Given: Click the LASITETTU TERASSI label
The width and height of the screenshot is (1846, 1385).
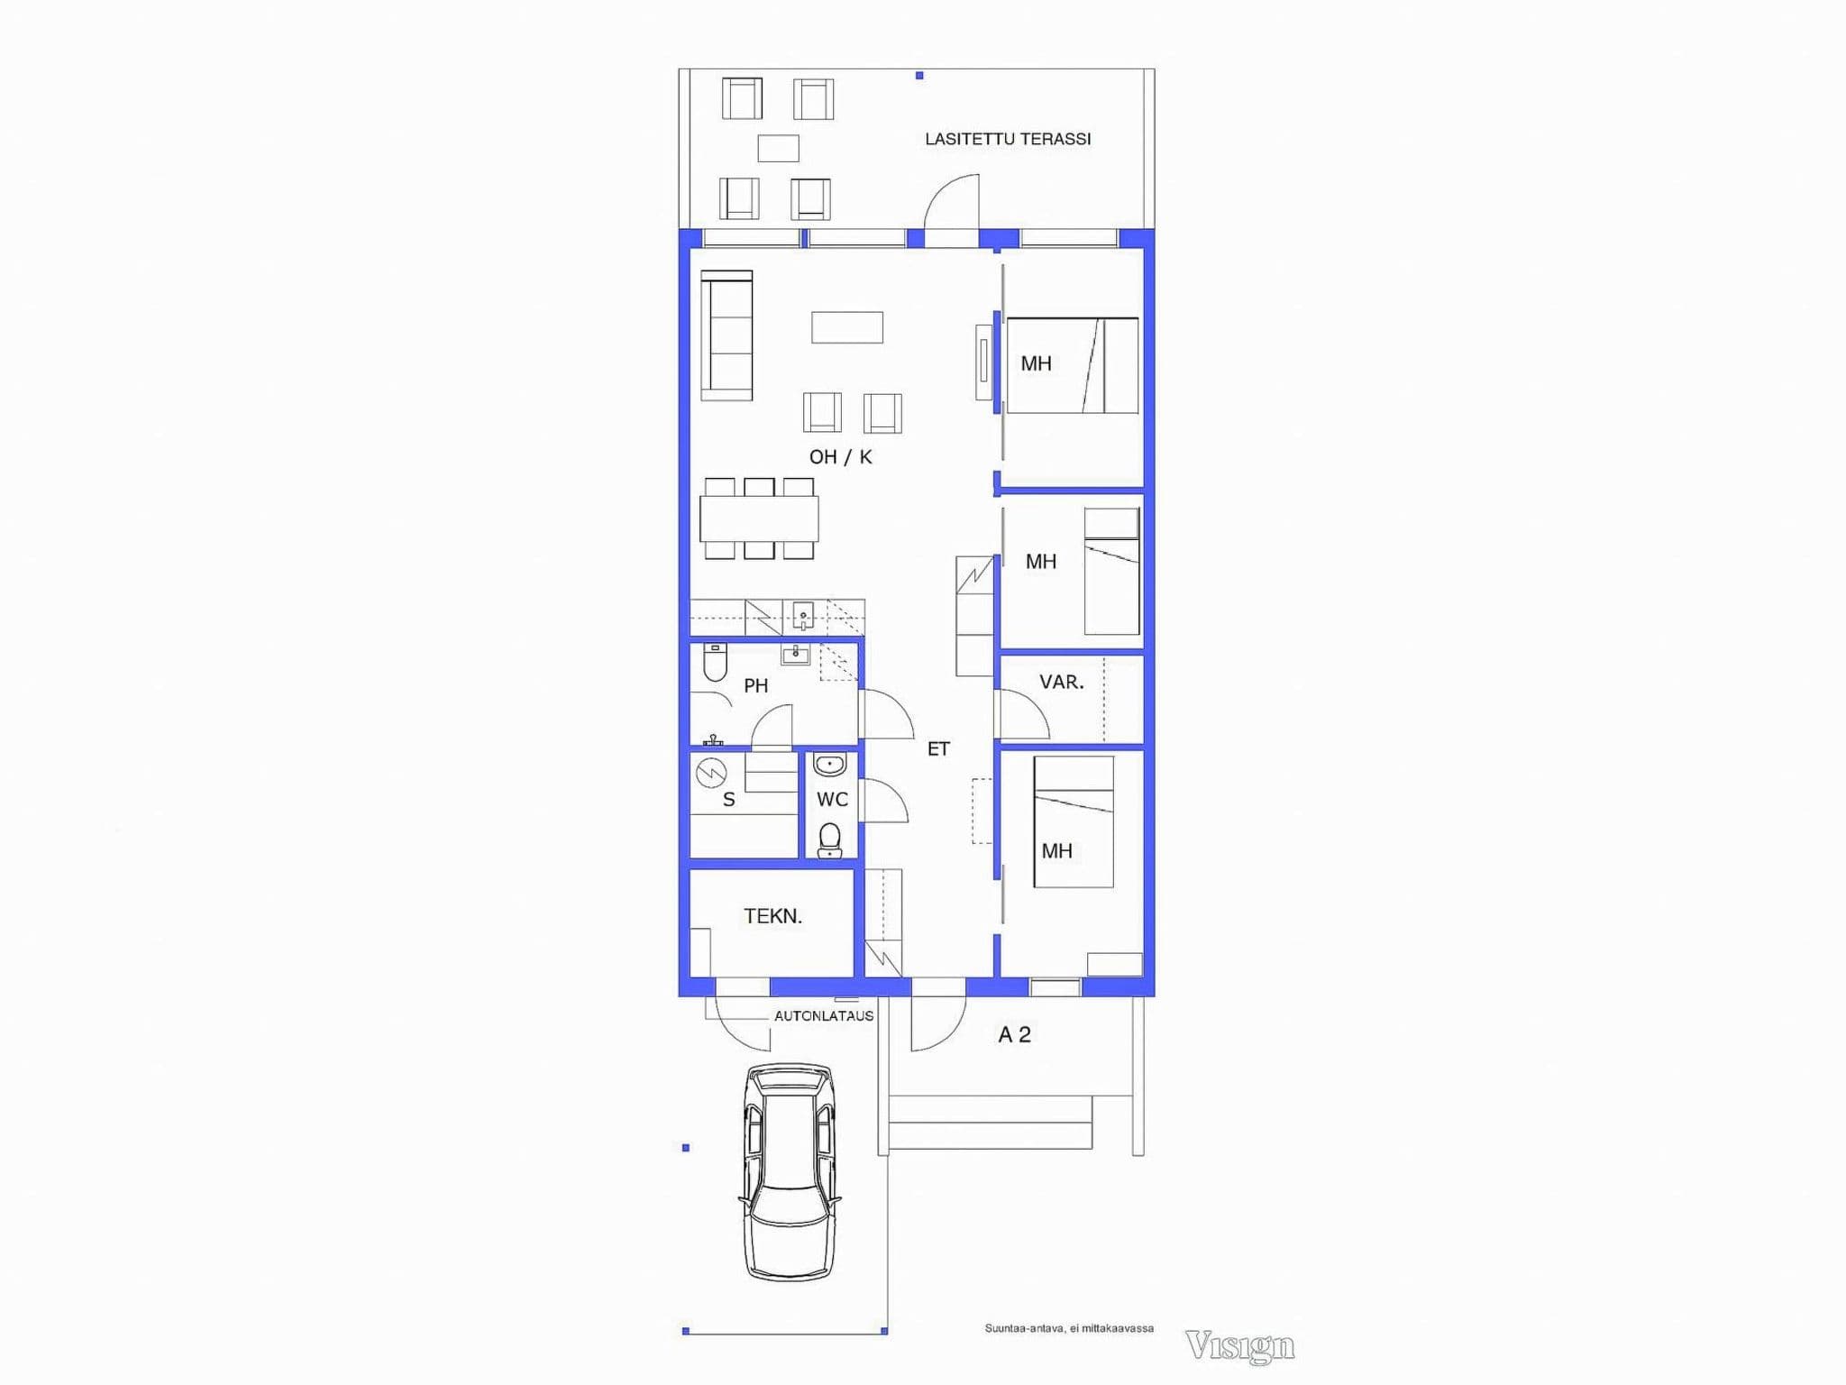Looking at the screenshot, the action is (1008, 139).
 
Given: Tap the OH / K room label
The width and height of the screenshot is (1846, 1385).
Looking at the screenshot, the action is (840, 457).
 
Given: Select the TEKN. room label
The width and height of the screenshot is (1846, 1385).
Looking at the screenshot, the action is (772, 916).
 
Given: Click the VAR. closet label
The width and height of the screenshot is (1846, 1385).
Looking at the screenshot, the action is (1061, 682).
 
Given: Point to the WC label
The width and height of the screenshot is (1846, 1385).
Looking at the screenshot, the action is (832, 799).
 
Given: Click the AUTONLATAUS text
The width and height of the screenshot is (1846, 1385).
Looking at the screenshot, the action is (824, 1015).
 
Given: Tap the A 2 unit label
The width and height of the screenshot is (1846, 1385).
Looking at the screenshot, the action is (1014, 1035).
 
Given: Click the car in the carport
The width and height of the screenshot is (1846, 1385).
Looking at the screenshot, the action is (790, 1171).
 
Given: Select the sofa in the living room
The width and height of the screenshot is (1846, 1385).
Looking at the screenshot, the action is (727, 335).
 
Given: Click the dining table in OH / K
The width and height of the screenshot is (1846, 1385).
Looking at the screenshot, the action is (759, 518).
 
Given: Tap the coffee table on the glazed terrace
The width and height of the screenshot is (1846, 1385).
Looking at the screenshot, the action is (778, 148).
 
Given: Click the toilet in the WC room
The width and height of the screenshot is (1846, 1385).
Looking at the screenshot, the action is (829, 839).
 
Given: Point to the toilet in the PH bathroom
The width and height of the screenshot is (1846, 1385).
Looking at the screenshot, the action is (715, 662).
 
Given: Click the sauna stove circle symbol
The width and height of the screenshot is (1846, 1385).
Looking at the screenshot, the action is (711, 773).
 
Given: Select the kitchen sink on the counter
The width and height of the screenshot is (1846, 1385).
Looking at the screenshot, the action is (803, 616).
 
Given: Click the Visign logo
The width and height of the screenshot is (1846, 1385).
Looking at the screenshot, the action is (1240, 1345).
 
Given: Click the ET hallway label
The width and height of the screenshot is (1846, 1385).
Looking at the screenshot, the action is (938, 748).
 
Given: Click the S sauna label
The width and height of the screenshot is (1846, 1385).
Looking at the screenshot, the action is (728, 800).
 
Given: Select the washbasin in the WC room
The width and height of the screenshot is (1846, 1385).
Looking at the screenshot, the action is (829, 766).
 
